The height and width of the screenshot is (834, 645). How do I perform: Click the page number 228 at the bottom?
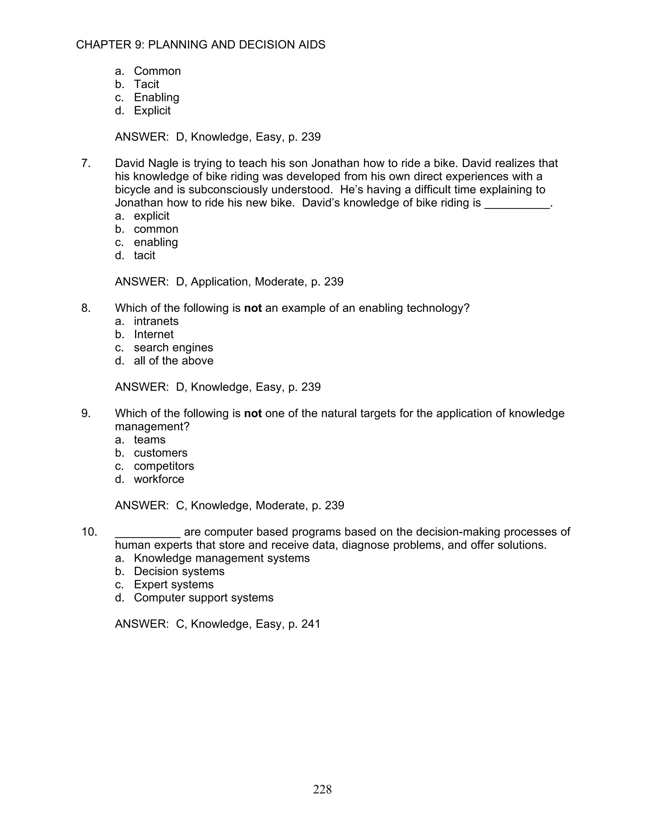pos(322,789)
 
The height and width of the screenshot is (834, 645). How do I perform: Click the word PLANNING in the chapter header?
pos(178,45)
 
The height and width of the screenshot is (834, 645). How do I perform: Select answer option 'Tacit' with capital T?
pos(146,84)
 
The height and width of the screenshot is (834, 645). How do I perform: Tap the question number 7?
pos(86,163)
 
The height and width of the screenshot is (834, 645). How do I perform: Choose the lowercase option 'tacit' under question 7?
pos(145,255)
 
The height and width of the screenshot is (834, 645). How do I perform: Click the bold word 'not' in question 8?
pos(253,308)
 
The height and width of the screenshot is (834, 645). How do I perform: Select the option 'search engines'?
pos(174,347)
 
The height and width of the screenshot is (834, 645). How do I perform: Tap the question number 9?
pos(86,413)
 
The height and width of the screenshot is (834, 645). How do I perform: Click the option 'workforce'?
pos(159,479)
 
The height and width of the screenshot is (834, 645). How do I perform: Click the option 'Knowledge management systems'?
pos(222,558)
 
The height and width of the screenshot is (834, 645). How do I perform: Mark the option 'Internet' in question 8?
pos(154,334)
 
